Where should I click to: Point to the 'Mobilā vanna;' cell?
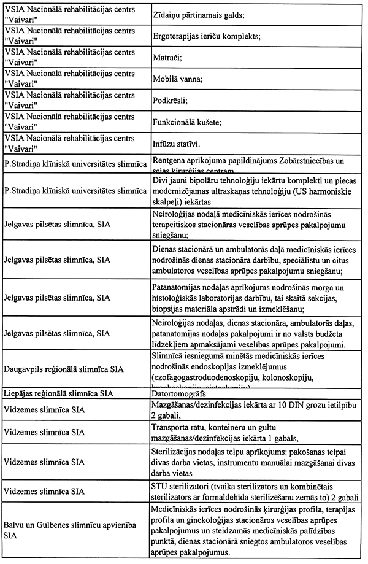point(175,79)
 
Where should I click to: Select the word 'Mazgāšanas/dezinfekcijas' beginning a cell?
point(196,404)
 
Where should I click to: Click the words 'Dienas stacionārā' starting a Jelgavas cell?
point(183,250)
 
